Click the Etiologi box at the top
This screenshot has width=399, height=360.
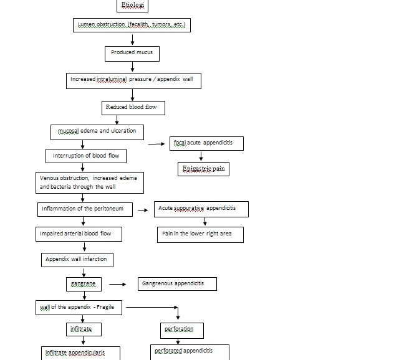pos(132,6)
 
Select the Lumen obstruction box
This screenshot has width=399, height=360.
pos(132,26)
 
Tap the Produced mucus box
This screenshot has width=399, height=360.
pos(132,54)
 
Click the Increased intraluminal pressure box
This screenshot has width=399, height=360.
pos(133,80)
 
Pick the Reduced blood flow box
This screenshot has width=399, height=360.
pos(133,108)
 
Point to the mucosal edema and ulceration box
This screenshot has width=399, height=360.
pos(97,132)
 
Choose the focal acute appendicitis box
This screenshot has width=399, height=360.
pos(207,144)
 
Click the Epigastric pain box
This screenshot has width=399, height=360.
pos(204,169)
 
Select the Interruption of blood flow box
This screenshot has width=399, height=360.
pos(86,155)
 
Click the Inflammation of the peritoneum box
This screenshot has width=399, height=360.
pos(85,209)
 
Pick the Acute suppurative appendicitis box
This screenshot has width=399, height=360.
pos(201,209)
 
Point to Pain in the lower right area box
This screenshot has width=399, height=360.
pos(199,234)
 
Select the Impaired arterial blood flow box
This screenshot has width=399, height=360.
pos(78,234)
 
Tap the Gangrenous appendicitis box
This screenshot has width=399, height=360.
pos(177,284)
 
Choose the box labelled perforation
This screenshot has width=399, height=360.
pos(179,329)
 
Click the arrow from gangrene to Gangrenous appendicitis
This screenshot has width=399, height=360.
pos(117,284)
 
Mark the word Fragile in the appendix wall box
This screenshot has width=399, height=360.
pos(112,307)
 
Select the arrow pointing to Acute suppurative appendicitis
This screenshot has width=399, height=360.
pos(143,210)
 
